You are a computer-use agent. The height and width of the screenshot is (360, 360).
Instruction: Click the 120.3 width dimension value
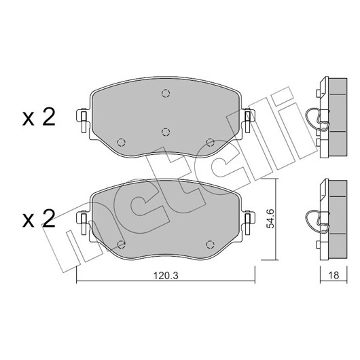pyautogui.click(x=166, y=276)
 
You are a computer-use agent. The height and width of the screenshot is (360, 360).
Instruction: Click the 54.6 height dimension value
pyautogui.click(x=270, y=219)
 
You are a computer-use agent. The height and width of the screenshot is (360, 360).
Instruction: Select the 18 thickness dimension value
pyautogui.click(x=334, y=275)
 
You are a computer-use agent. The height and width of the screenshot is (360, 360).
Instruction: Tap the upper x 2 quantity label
pyautogui.click(x=39, y=117)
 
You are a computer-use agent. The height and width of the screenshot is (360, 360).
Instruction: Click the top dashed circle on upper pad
pyautogui.click(x=166, y=94)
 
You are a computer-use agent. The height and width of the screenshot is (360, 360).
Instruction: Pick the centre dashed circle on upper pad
pyautogui.click(x=166, y=132)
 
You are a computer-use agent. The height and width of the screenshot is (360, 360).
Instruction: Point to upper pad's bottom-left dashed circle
pyautogui.click(x=121, y=143)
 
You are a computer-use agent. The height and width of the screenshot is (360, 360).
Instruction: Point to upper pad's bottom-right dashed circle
pyautogui.click(x=210, y=143)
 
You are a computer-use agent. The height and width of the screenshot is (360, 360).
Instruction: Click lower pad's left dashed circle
pyautogui.click(x=121, y=245)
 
